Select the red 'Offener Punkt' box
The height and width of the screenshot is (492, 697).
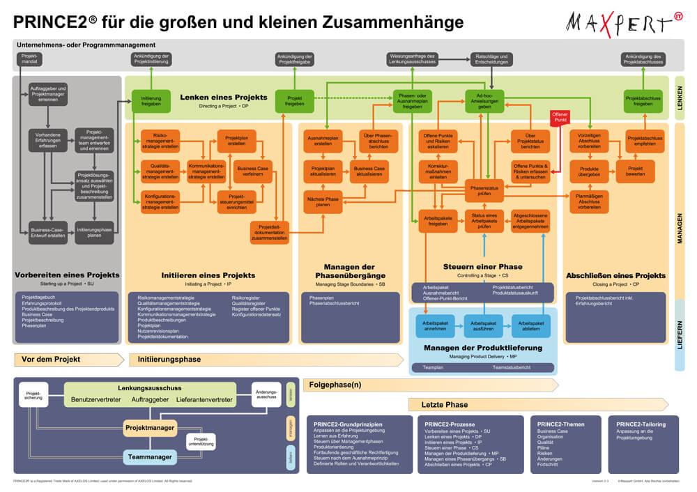point(560,117)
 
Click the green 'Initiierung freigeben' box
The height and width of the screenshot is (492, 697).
point(151,102)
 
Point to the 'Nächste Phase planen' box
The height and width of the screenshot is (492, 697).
point(322,201)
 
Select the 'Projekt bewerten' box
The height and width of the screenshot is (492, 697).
point(635,171)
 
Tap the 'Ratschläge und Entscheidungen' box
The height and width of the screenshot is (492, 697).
point(491,59)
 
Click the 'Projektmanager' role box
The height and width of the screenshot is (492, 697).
point(150,427)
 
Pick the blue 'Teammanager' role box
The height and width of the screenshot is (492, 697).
point(150,457)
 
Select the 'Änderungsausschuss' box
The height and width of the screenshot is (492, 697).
point(266,394)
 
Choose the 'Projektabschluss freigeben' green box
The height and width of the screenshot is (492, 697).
point(643,102)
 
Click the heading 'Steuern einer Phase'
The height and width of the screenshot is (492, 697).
point(482,266)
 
